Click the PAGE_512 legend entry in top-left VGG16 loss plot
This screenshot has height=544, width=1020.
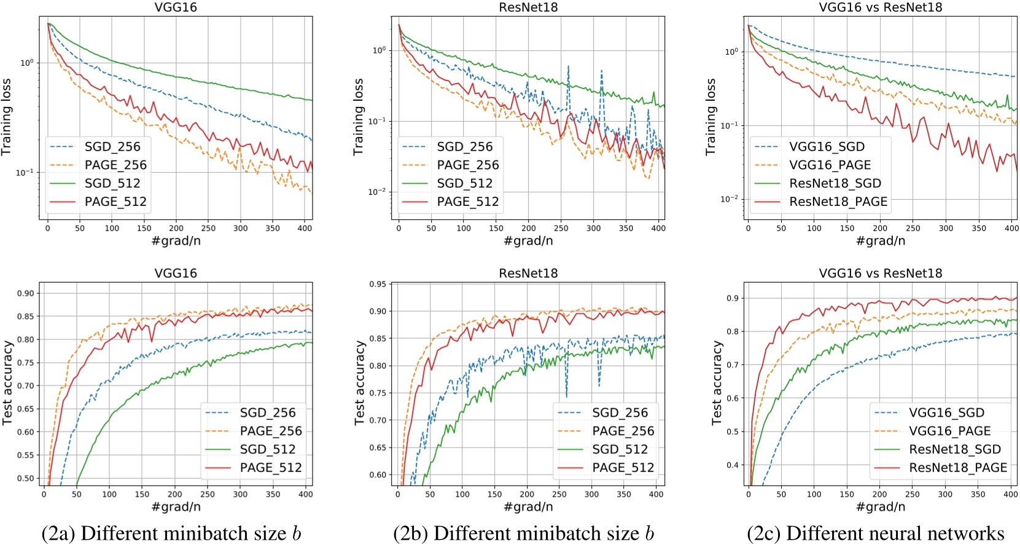[116, 202]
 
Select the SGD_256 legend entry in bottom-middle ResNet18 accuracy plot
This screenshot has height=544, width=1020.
[620, 412]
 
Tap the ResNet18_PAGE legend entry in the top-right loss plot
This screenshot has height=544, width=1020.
[838, 202]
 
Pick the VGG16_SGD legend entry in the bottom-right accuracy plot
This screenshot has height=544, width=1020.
[946, 412]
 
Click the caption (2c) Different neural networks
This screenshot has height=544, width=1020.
[876, 533]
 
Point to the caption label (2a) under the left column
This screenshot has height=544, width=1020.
[58, 533]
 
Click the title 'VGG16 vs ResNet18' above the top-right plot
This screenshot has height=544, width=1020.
[880, 7]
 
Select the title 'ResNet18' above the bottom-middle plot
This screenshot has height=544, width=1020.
[528, 274]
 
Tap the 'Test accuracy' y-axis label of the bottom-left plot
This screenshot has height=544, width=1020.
[7, 382]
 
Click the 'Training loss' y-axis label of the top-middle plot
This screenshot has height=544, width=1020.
[359, 117]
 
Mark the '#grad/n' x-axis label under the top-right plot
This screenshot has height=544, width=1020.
[880, 241]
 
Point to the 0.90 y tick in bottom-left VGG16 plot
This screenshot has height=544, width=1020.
[26, 293]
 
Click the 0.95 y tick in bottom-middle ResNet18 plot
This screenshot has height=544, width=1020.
[378, 284]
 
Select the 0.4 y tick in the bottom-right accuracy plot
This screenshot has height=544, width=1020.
[733, 465]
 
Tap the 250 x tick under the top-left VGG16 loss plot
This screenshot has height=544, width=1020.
[208, 228]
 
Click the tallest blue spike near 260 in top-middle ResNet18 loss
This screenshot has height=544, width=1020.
[569, 66]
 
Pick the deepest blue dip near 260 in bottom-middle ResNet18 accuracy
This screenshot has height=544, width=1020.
[566, 396]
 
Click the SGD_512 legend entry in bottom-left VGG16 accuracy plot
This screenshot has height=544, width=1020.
[268, 449]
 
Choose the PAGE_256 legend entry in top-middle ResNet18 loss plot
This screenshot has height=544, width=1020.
[468, 165]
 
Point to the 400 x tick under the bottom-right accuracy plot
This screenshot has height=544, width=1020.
[1011, 494]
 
